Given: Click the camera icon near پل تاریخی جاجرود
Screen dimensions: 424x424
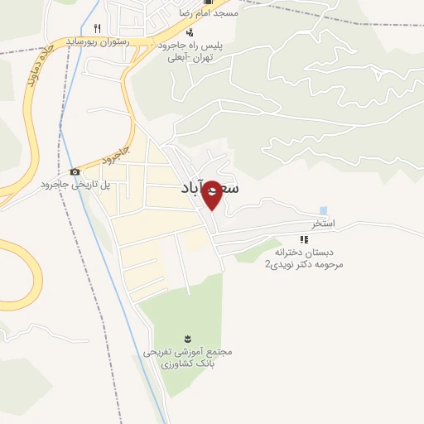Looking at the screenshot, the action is tap(75, 171).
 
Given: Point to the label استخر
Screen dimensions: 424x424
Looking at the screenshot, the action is tap(322, 224).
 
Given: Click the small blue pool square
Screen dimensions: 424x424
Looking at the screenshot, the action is tap(322, 210).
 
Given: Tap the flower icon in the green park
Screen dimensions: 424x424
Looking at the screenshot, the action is tap(187, 338).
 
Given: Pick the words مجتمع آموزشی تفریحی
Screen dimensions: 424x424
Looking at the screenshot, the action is tap(188, 351).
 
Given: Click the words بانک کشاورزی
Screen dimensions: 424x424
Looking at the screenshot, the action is tap(188, 364).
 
